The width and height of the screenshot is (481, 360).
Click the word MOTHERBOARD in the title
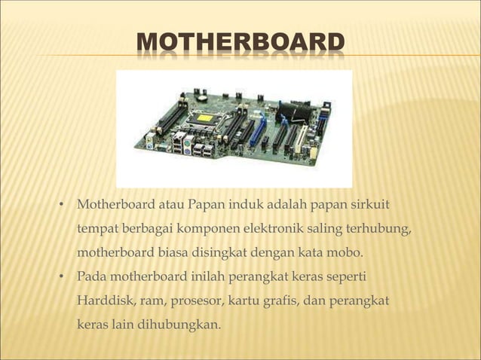coord(240,44)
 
